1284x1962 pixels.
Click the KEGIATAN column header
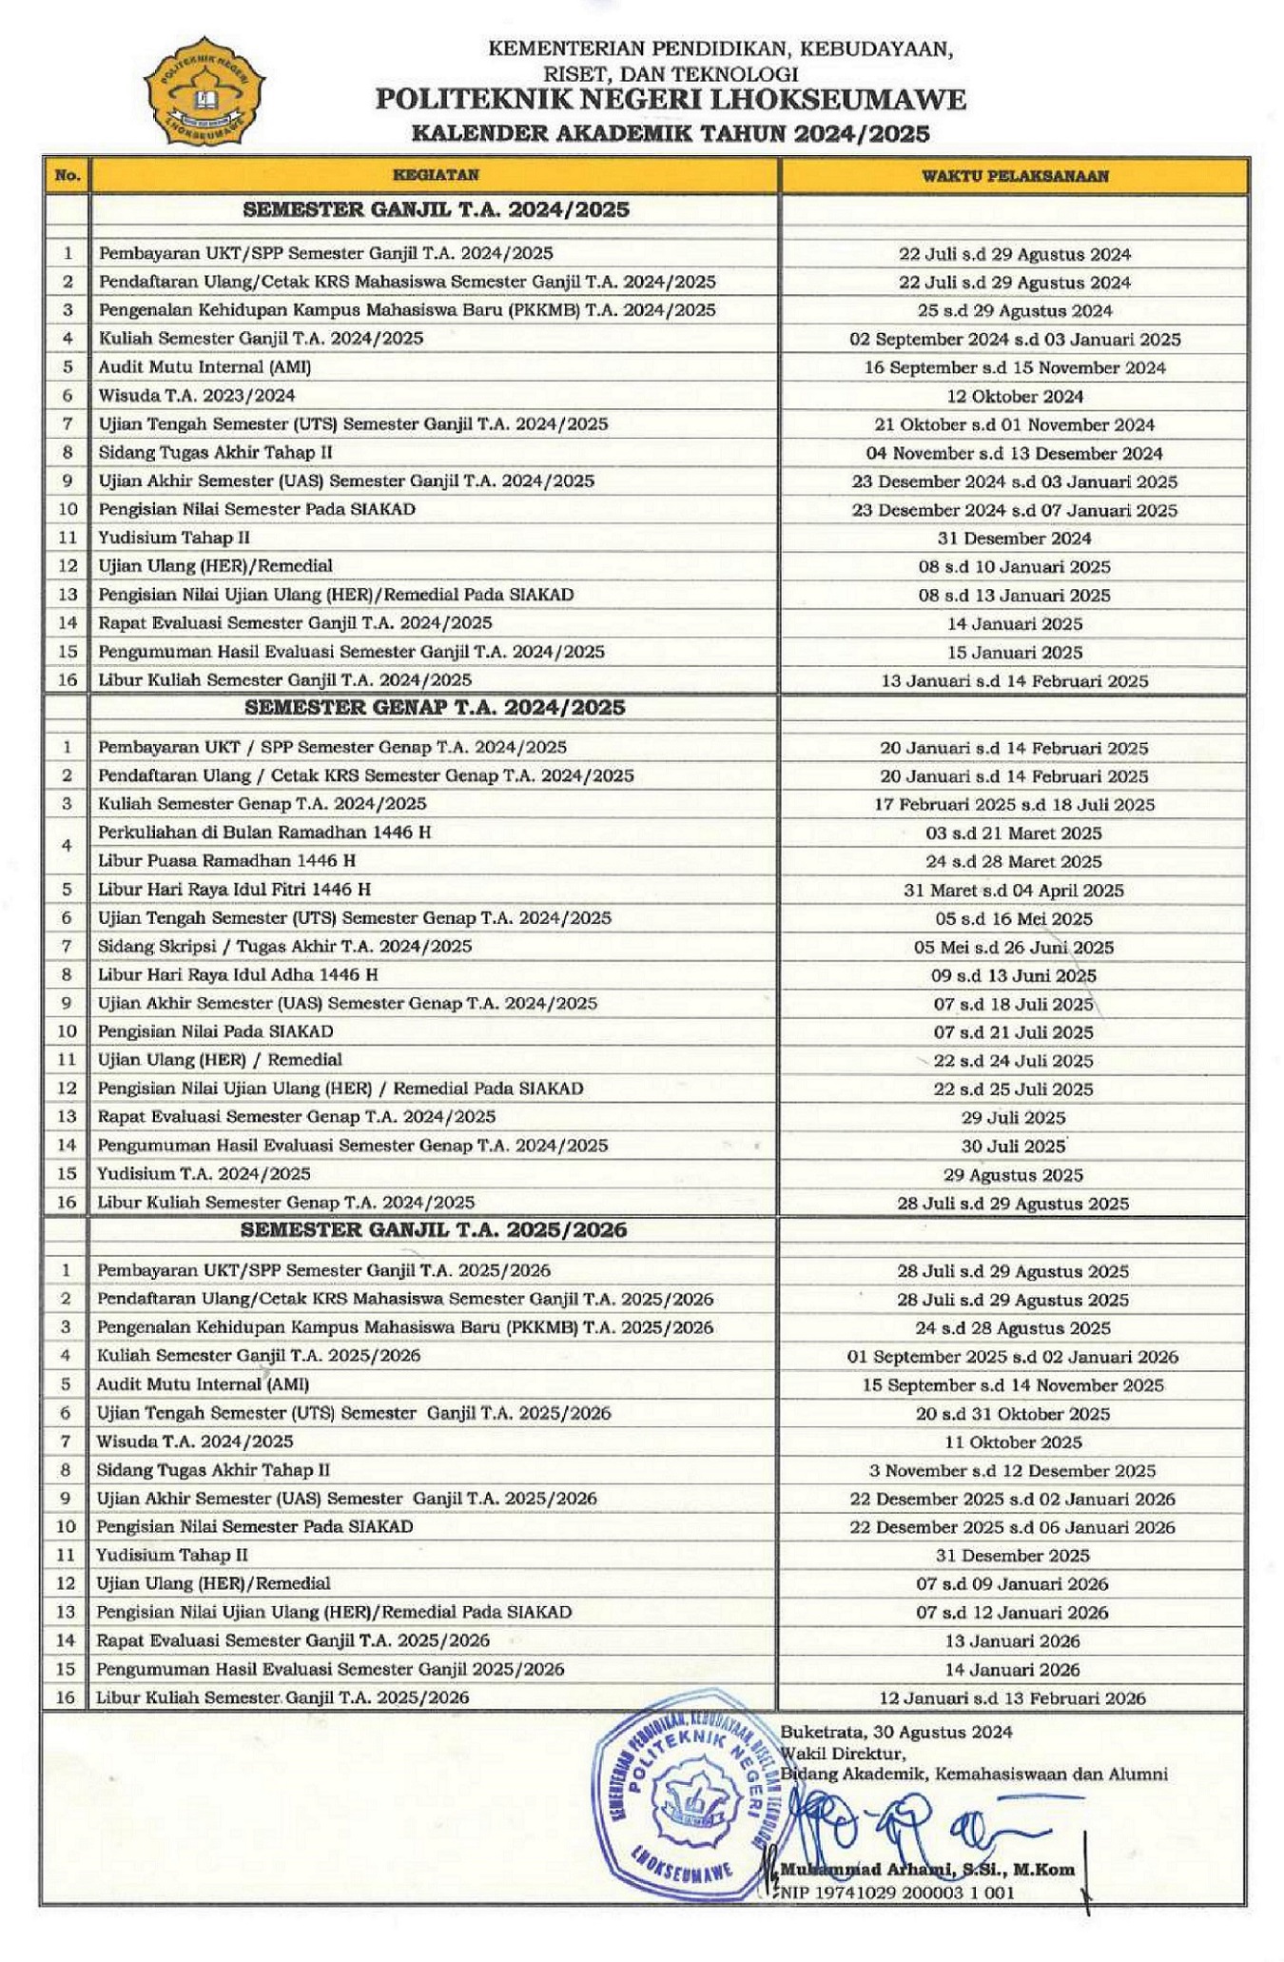(436, 175)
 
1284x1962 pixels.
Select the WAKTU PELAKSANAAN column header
(1014, 176)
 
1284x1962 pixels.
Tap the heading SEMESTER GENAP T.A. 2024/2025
(435, 708)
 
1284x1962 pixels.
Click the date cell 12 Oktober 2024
(1014, 396)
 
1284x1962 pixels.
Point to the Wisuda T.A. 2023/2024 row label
(197, 395)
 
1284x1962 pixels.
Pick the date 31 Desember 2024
(1014, 539)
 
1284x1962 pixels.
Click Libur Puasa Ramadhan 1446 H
(226, 861)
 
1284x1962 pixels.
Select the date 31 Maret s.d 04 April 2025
(1013, 891)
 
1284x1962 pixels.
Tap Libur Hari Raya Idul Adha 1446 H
(238, 974)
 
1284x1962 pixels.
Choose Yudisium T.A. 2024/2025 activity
(204, 1174)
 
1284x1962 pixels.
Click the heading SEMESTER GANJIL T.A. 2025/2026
(434, 1229)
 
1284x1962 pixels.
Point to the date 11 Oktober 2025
(1013, 1442)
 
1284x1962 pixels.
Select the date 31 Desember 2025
(1013, 1557)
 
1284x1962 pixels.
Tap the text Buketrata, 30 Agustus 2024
(896, 1732)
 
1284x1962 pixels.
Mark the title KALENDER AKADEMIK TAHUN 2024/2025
(670, 133)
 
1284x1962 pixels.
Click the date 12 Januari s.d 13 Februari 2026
(1013, 1698)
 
